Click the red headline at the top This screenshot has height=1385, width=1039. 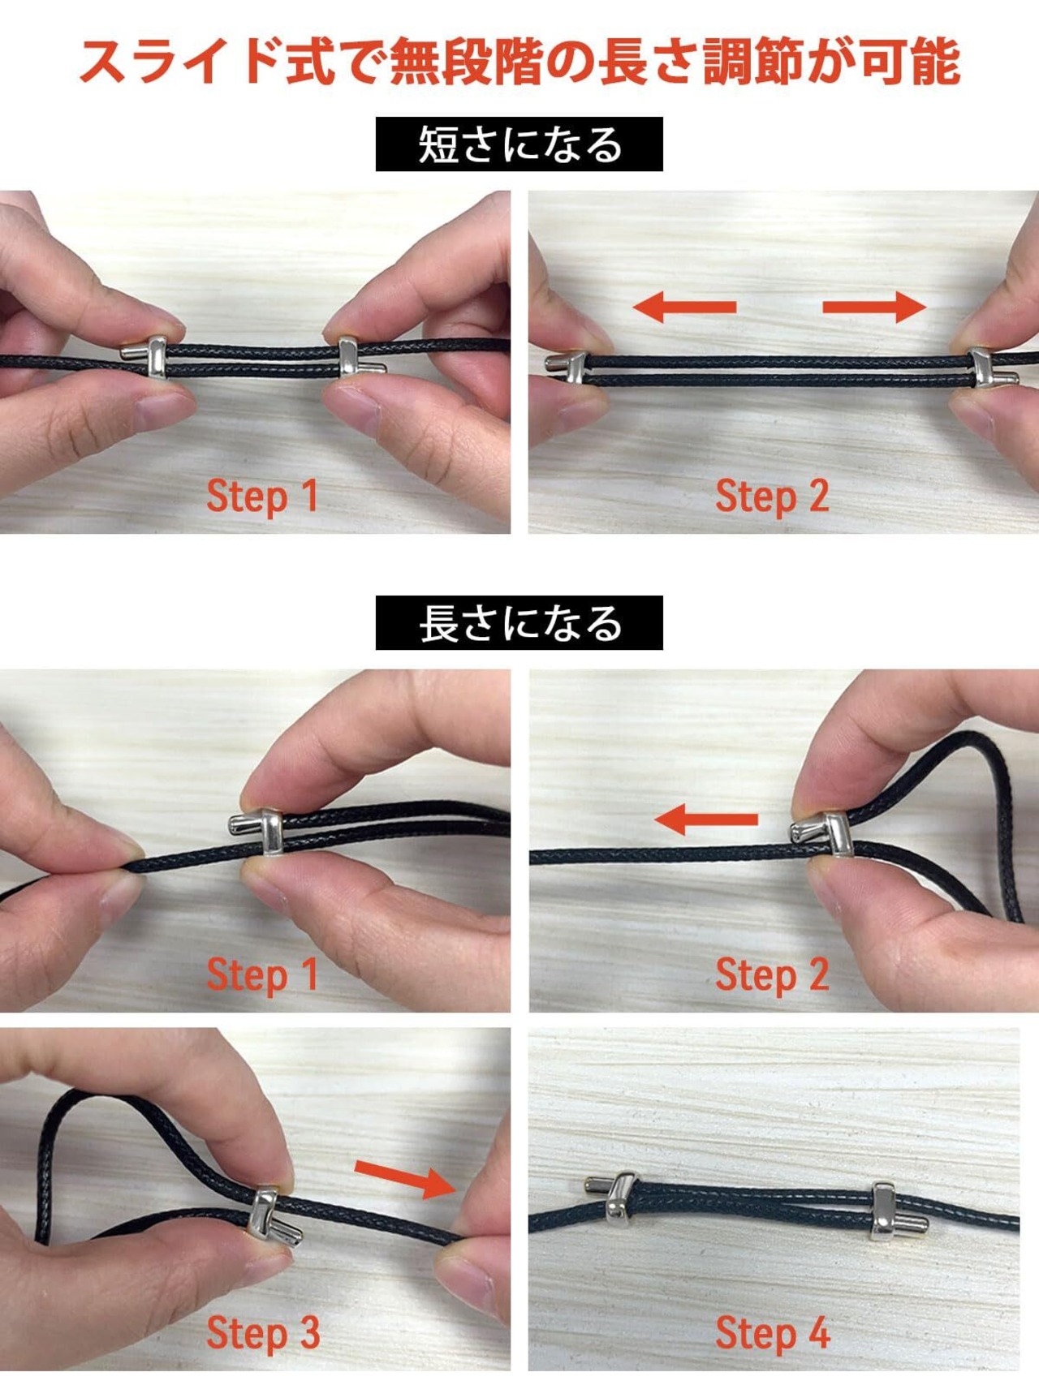(x=519, y=62)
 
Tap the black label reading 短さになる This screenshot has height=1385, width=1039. (x=519, y=144)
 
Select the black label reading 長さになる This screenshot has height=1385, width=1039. (x=519, y=623)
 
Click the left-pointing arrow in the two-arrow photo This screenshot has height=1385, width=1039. (x=683, y=307)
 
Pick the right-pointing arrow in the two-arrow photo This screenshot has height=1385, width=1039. (x=874, y=307)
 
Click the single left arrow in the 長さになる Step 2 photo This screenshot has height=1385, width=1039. (x=705, y=819)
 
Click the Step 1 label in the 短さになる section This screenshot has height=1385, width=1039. (x=261, y=496)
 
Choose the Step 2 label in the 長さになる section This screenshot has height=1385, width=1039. (x=772, y=974)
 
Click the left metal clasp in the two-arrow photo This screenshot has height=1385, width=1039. (x=568, y=367)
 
